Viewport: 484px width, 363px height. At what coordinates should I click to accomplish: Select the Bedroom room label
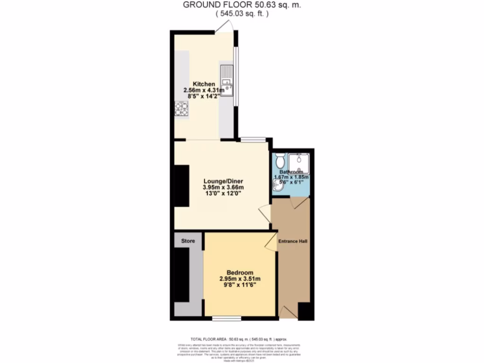coord(240,273)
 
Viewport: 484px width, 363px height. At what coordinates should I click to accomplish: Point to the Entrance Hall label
coord(293,242)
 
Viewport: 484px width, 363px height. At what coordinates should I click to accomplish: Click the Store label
coord(188,241)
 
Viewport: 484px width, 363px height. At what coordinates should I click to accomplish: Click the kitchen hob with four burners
coord(182,109)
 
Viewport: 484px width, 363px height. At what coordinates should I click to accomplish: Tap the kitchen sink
coord(226,84)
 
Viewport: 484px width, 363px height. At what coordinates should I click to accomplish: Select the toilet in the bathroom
coord(279,157)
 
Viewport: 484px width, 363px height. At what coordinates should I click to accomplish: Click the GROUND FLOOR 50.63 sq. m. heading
coord(242,5)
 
